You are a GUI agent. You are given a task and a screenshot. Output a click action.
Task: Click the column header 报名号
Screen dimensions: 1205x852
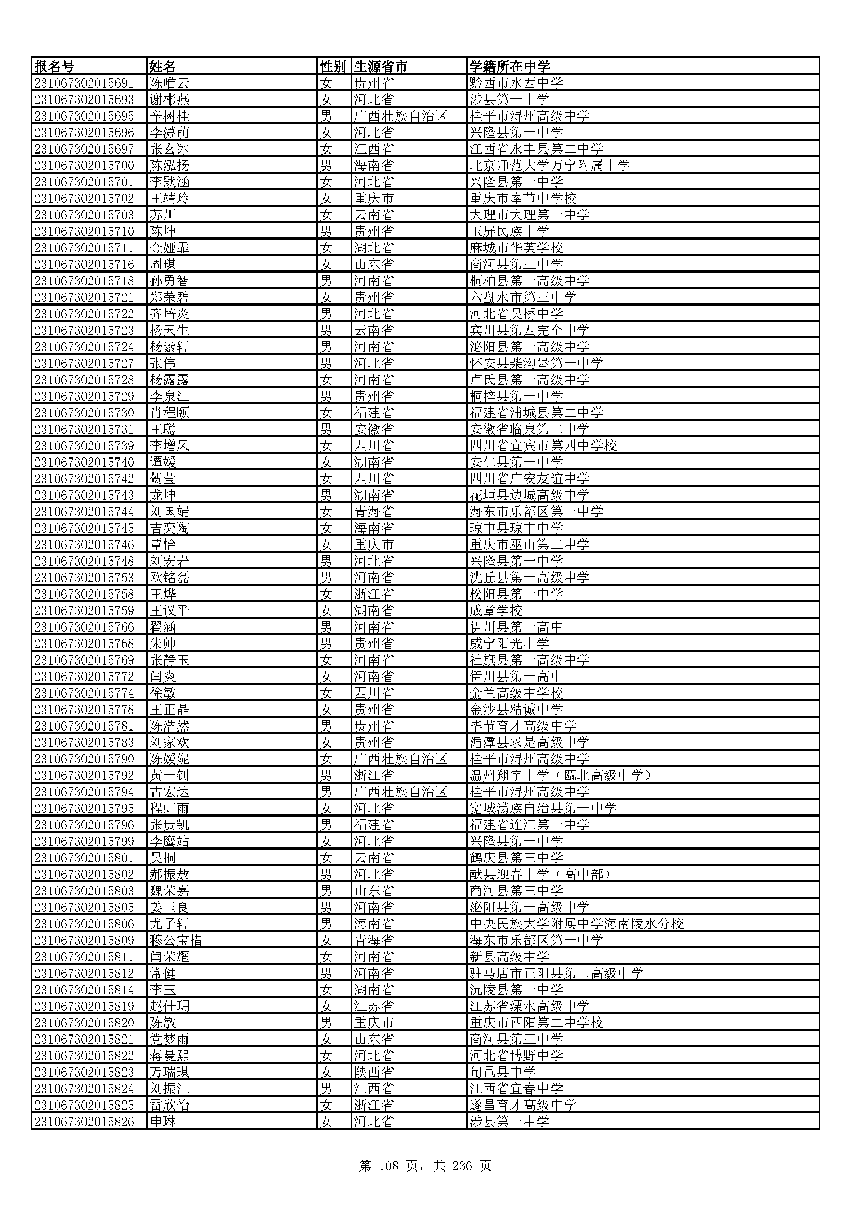pos(55,66)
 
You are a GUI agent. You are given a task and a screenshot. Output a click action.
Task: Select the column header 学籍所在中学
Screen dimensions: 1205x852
pos(509,66)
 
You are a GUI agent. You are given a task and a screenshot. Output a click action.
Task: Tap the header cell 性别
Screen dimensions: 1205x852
pos(333,66)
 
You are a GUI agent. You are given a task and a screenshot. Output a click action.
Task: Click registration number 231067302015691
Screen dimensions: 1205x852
pos(84,83)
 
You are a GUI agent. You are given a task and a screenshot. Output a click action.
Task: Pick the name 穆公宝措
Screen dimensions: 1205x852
pos(176,940)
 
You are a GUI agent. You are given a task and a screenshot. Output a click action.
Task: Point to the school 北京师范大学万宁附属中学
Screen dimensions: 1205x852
pos(549,165)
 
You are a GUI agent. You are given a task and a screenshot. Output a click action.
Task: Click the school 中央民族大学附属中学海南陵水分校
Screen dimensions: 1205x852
pos(576,924)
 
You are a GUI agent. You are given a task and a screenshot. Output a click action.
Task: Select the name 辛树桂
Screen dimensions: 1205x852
pos(169,116)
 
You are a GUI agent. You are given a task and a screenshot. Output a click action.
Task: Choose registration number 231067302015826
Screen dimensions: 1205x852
pos(84,1122)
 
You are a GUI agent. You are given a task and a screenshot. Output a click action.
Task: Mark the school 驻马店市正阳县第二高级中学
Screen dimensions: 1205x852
pos(556,973)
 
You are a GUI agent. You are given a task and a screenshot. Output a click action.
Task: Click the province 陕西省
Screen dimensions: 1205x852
pos(373,1072)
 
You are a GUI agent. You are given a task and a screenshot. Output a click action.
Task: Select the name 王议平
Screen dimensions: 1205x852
pos(169,610)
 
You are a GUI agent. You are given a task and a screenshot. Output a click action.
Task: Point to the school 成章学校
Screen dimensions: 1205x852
pos(496,610)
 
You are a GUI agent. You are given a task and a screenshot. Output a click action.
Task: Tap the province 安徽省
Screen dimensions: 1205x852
pos(373,429)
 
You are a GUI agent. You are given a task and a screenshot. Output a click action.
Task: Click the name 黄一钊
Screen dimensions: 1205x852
pos(169,775)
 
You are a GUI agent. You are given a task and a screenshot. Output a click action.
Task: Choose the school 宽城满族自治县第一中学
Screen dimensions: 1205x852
pos(542,808)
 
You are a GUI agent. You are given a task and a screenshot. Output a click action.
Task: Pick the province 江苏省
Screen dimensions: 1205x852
pos(373,1006)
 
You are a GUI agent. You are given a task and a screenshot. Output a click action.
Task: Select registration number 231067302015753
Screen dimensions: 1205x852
pos(84,578)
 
